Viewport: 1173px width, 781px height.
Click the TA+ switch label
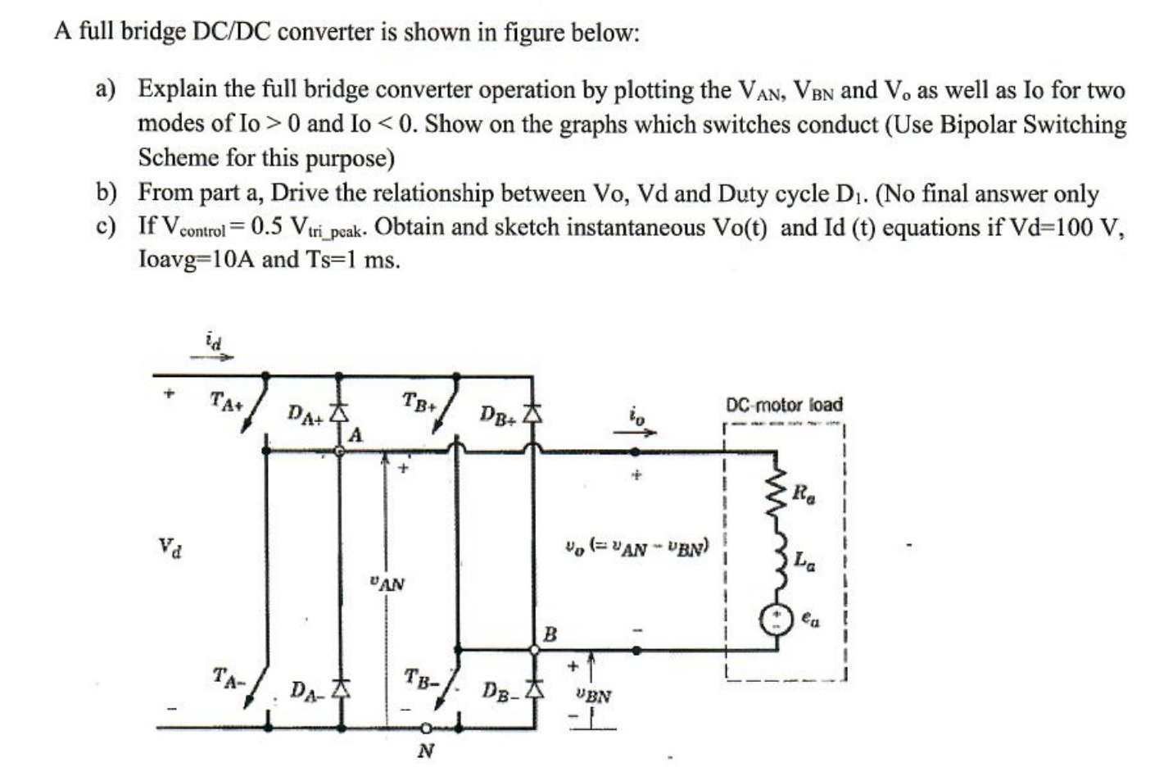(x=226, y=402)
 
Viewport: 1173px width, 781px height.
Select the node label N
(x=425, y=750)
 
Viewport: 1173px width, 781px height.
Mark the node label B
(x=550, y=633)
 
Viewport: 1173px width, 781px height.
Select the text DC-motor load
(x=784, y=405)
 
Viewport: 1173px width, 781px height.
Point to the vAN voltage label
(x=387, y=584)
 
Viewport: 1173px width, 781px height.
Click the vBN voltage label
(x=593, y=697)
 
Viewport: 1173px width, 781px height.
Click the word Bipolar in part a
(x=964, y=125)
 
